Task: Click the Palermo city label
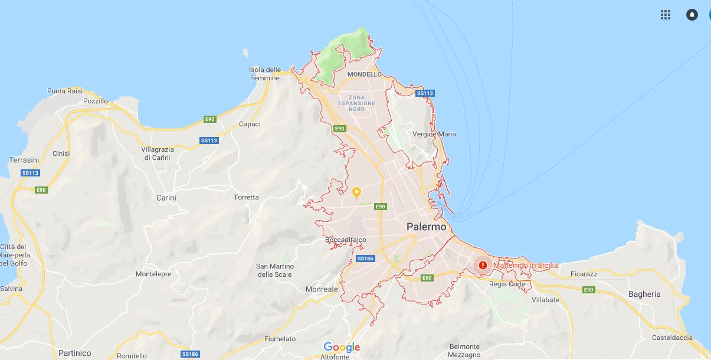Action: click(426, 227)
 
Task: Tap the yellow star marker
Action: click(356, 192)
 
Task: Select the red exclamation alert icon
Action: click(483, 265)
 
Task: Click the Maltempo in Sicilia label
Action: click(525, 266)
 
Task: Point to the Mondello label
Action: click(365, 74)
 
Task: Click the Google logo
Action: click(342, 347)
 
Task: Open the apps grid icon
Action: click(666, 15)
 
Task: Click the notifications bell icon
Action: click(692, 15)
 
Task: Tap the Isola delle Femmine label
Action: click(264, 74)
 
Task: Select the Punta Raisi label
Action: click(64, 91)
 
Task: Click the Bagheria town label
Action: click(644, 294)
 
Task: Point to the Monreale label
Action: click(322, 289)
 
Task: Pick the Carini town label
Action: click(166, 198)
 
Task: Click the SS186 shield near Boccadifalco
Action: click(365, 258)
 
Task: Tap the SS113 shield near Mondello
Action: click(425, 93)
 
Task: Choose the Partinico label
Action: click(75, 353)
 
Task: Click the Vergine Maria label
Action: click(434, 134)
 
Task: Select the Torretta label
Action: click(246, 197)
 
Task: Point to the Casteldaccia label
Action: click(673, 338)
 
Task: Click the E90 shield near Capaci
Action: click(209, 119)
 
